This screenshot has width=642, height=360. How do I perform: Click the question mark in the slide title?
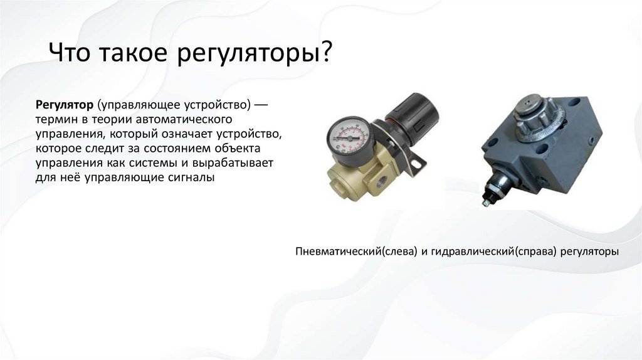pyautogui.click(x=325, y=53)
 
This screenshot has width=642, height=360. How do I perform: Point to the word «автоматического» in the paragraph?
pyautogui.click(x=183, y=118)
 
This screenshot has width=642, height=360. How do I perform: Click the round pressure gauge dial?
pyautogui.click(x=348, y=134)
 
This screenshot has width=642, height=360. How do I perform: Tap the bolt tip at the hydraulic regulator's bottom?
pyautogui.click(x=485, y=202)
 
